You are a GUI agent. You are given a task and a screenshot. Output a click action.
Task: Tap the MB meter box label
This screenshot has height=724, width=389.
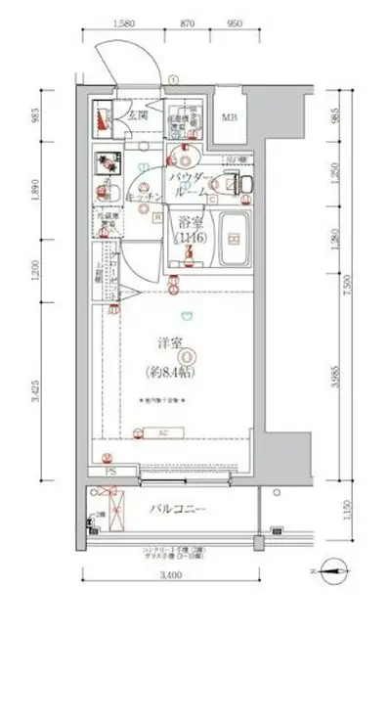[x=229, y=119]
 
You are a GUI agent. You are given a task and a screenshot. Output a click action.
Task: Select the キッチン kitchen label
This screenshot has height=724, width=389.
[x=143, y=198]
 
